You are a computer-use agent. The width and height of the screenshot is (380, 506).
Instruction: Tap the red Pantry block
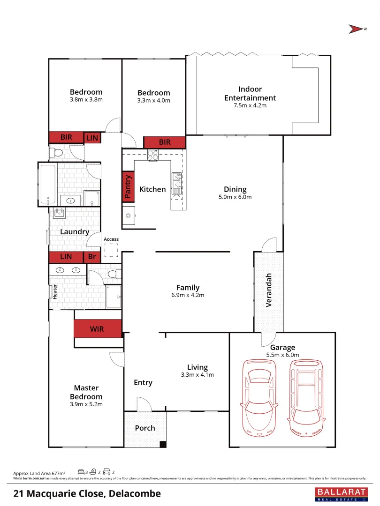click(127, 186)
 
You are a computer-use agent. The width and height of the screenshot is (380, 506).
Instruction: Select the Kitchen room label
click(152, 189)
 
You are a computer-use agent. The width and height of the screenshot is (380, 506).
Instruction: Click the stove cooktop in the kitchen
click(153, 155)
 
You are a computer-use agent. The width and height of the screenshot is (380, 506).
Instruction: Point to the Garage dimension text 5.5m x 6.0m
click(282, 355)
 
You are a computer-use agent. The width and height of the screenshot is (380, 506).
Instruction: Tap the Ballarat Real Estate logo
click(341, 493)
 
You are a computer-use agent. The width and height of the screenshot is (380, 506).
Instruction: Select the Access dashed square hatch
click(111, 251)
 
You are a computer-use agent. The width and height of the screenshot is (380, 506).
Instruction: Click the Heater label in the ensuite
click(54, 292)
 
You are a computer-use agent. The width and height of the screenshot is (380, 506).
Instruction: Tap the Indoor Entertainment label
click(250, 93)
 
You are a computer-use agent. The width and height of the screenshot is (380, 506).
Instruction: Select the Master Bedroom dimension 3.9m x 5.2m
click(86, 404)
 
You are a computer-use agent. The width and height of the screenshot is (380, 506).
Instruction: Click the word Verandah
click(269, 290)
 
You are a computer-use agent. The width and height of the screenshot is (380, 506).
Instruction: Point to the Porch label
click(144, 428)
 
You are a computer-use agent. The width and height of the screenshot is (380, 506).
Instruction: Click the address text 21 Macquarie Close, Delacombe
click(87, 493)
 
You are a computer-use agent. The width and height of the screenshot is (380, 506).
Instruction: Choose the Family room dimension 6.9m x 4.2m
click(188, 295)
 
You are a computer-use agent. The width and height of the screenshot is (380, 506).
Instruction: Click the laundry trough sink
click(60, 214)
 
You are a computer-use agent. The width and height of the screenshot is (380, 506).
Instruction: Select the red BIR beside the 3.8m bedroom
click(66, 137)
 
